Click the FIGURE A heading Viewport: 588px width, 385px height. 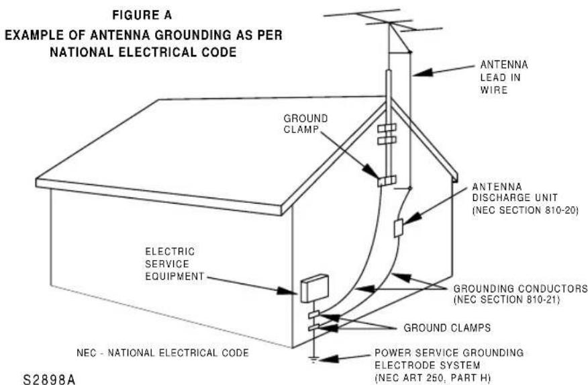point(142,15)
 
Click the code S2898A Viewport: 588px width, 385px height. point(49,379)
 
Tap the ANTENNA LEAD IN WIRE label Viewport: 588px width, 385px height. point(503,77)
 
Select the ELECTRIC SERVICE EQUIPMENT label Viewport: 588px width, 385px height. point(175,264)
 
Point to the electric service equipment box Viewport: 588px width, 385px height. point(314,288)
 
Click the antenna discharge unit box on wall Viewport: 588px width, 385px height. point(398,228)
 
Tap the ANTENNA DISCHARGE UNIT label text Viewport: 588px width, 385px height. point(525,198)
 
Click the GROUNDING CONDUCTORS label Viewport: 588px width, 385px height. point(520,288)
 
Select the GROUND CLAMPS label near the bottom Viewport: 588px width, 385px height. point(447,328)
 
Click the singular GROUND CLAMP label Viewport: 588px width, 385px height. point(305,124)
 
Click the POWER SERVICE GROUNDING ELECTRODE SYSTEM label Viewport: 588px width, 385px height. point(449,359)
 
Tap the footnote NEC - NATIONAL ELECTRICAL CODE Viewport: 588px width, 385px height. point(162,353)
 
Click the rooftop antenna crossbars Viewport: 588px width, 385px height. point(383,21)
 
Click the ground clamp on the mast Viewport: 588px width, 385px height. point(387,181)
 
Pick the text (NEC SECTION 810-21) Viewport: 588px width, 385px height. point(506,300)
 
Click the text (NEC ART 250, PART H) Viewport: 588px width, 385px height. point(432,378)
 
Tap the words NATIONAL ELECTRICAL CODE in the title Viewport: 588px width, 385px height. point(143,52)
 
